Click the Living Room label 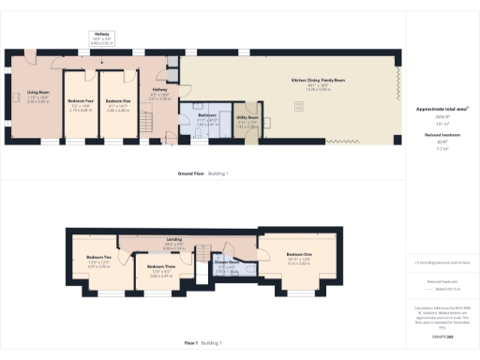37,92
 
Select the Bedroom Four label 80,100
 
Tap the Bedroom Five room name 117,100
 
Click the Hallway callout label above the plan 101,33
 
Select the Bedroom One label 299,254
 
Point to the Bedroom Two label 99,257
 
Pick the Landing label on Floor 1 174,240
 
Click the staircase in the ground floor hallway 172,72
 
